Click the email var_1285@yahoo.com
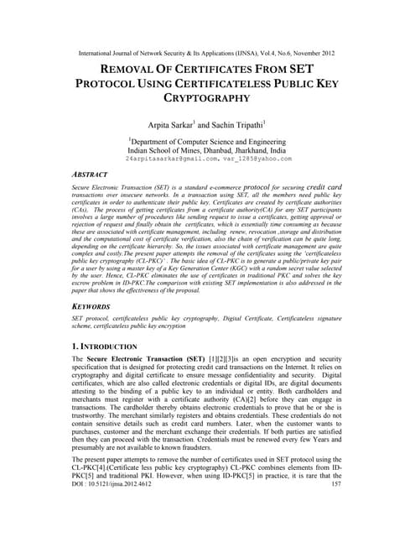coord(252,158)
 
